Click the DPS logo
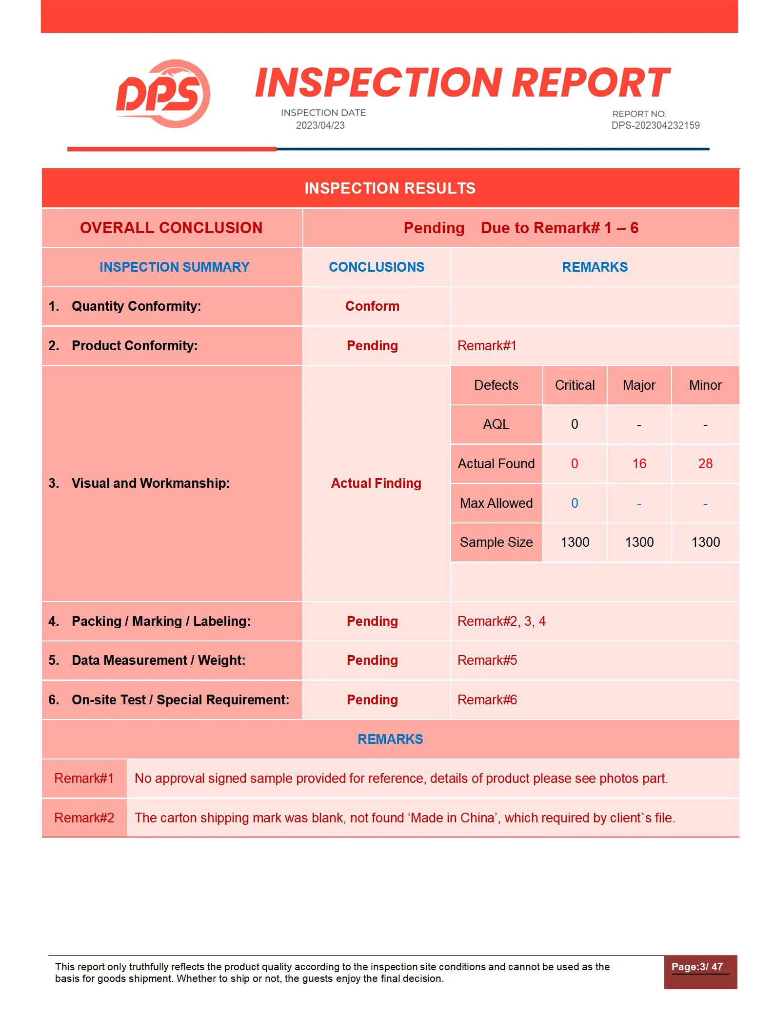coord(163,94)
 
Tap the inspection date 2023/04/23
coord(320,125)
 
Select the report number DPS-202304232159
coord(655,125)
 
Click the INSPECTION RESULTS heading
coord(390,188)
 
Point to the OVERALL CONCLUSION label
coord(171,228)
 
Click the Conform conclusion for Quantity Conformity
coord(372,306)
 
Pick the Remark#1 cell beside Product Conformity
coord(487,346)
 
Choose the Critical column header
coord(575,385)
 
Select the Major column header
coord(639,385)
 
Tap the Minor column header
coord(705,385)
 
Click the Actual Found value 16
coord(639,464)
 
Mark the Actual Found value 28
coord(705,464)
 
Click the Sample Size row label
coord(496,542)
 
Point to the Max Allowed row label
coord(496,503)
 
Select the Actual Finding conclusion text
coord(376,483)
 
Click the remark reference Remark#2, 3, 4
coord(501,621)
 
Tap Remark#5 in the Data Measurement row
coord(487,660)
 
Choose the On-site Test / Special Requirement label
coord(180,700)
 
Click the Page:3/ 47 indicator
coord(697,967)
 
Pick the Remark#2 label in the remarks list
coord(84,818)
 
